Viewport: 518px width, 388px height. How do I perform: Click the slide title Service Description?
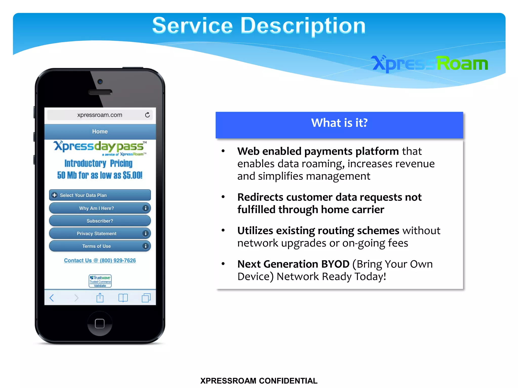pyautogui.click(x=259, y=26)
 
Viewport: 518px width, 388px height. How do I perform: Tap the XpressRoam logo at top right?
pyautogui.click(x=429, y=63)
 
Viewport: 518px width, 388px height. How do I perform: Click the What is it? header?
pyautogui.click(x=339, y=123)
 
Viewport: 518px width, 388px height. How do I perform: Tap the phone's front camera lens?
pyautogui.click(x=100, y=82)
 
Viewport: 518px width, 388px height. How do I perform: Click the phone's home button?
pyautogui.click(x=100, y=323)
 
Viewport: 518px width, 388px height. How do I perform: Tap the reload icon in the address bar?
pyautogui.click(x=147, y=115)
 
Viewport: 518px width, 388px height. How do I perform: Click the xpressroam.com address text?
pyautogui.click(x=100, y=115)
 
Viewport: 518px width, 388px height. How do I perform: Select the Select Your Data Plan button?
pyautogui.click(x=100, y=195)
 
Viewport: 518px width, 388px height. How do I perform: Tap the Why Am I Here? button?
pyautogui.click(x=100, y=208)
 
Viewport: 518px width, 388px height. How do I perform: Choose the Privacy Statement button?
pyautogui.click(x=100, y=233)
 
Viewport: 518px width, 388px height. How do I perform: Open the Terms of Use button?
pyautogui.click(x=100, y=246)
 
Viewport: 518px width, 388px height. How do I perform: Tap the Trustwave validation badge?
pyautogui.click(x=100, y=281)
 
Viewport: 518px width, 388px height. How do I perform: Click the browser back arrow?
pyautogui.click(x=52, y=298)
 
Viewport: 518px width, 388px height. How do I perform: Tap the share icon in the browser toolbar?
pyautogui.click(x=100, y=298)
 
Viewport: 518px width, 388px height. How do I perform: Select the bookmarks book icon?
pyautogui.click(x=123, y=298)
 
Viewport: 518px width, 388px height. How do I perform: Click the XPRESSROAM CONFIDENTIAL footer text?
pyautogui.click(x=259, y=381)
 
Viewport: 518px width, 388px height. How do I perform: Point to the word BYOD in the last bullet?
pyautogui.click(x=335, y=264)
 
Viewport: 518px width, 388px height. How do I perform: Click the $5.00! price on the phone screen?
pyautogui.click(x=133, y=175)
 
